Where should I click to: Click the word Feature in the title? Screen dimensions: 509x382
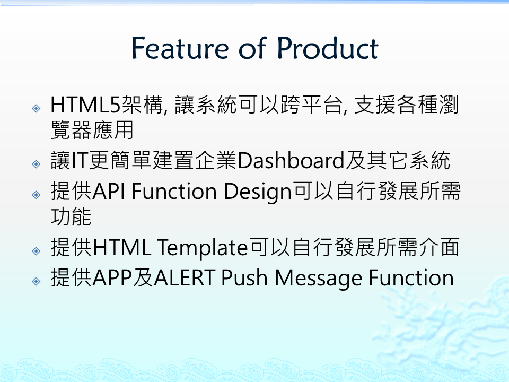(x=180, y=48)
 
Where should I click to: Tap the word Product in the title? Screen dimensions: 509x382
(x=327, y=48)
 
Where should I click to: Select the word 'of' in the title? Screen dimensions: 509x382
(x=253, y=48)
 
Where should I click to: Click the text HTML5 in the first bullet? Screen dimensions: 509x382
(x=85, y=105)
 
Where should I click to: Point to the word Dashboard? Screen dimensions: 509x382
(x=291, y=160)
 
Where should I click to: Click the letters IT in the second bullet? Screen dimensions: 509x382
(x=79, y=161)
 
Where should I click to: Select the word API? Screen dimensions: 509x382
(x=109, y=192)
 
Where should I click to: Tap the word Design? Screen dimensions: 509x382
(x=258, y=192)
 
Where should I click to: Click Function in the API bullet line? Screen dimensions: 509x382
(x=174, y=192)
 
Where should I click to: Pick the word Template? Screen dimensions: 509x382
(x=203, y=248)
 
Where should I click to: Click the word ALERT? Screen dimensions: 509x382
(x=184, y=278)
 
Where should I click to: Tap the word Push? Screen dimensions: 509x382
(x=244, y=278)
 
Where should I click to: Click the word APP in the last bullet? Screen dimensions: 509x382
(x=112, y=278)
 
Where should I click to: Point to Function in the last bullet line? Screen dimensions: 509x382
(x=411, y=278)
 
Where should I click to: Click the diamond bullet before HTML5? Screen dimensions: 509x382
(x=37, y=108)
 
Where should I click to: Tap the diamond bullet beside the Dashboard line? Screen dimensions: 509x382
(x=37, y=164)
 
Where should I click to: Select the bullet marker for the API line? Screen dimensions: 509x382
(x=37, y=195)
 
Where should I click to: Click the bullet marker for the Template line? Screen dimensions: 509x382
(x=37, y=251)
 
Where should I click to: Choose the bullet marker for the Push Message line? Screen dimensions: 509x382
(x=37, y=281)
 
